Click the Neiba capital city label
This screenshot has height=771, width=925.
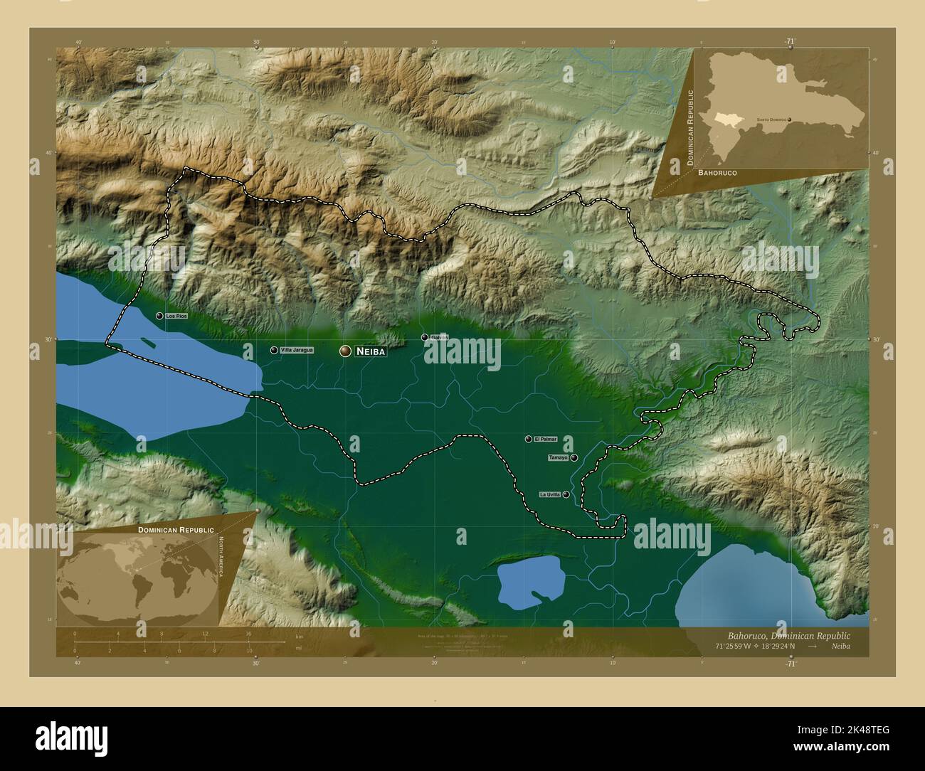370,351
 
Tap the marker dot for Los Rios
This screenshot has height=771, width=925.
159,315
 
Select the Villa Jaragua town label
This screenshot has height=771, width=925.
297,350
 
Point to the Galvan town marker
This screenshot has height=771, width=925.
425,337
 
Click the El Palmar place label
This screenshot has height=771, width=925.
545,440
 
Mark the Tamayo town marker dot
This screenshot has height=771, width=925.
573,458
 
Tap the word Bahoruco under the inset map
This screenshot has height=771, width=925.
717,173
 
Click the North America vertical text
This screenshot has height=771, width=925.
221,558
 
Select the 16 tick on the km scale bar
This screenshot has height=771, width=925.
248,633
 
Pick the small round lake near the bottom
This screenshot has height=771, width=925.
530,582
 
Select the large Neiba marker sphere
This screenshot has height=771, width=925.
346,351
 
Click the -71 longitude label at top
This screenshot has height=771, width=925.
791,42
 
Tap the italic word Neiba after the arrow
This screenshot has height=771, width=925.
840,646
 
